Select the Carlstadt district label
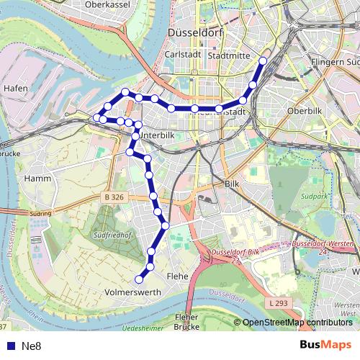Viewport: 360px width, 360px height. pyautogui.click(x=180, y=55)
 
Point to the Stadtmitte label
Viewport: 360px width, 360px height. pyautogui.click(x=228, y=55)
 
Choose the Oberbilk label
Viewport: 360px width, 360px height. pyautogui.click(x=302, y=112)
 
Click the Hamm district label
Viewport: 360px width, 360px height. pyautogui.click(x=36, y=177)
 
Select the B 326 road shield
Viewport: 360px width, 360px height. pyautogui.click(x=114, y=196)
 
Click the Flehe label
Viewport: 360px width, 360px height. pyautogui.click(x=177, y=276)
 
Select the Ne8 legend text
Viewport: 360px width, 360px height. pyautogui.click(x=31, y=346)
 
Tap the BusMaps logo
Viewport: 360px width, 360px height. pyautogui.click(x=325, y=346)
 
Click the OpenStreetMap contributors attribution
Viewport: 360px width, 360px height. pyautogui.click(x=297, y=323)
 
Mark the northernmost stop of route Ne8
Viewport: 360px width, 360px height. pyautogui.click(x=263, y=61)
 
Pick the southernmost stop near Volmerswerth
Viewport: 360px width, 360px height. pyautogui.click(x=140, y=279)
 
